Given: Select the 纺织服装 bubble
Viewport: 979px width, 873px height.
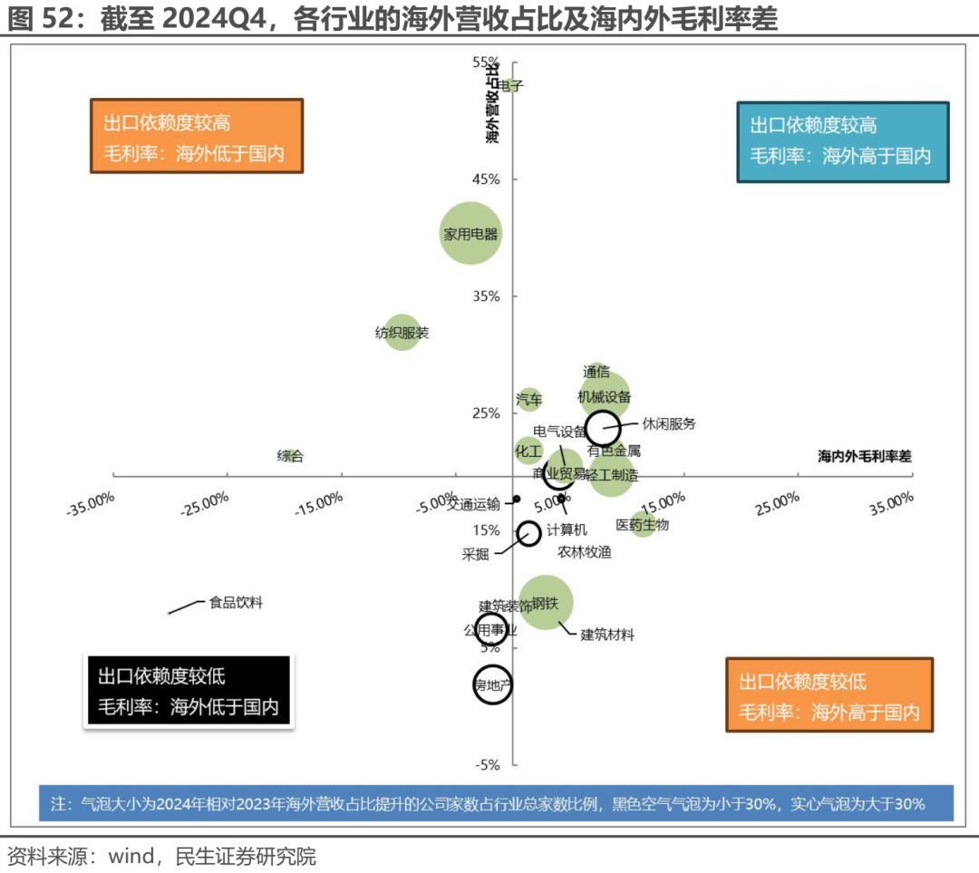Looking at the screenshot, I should [402, 333].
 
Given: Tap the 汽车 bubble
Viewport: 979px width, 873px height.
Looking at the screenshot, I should [529, 398].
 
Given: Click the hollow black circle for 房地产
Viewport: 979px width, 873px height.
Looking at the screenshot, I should [493, 684].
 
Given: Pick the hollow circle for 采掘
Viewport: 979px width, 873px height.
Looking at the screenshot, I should [529, 532].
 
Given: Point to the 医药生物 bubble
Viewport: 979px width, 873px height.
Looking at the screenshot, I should [643, 524].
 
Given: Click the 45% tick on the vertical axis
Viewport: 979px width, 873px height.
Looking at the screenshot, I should [486, 179].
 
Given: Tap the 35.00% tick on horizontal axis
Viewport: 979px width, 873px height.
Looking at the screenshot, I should [891, 501].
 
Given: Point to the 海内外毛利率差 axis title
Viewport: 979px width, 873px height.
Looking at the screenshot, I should [865, 457].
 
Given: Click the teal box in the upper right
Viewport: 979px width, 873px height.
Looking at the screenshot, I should [842, 141].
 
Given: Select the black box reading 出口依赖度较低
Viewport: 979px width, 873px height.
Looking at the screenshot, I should [188, 691].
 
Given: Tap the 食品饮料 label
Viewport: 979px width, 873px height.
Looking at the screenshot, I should [236, 602].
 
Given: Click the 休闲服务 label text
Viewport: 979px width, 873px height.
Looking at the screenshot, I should [669, 423].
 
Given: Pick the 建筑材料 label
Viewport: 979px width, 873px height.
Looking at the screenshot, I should [607, 635].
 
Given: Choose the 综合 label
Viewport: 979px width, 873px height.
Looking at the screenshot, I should [290, 456].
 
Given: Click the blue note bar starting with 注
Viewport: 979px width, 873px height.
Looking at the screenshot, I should [496, 803].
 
